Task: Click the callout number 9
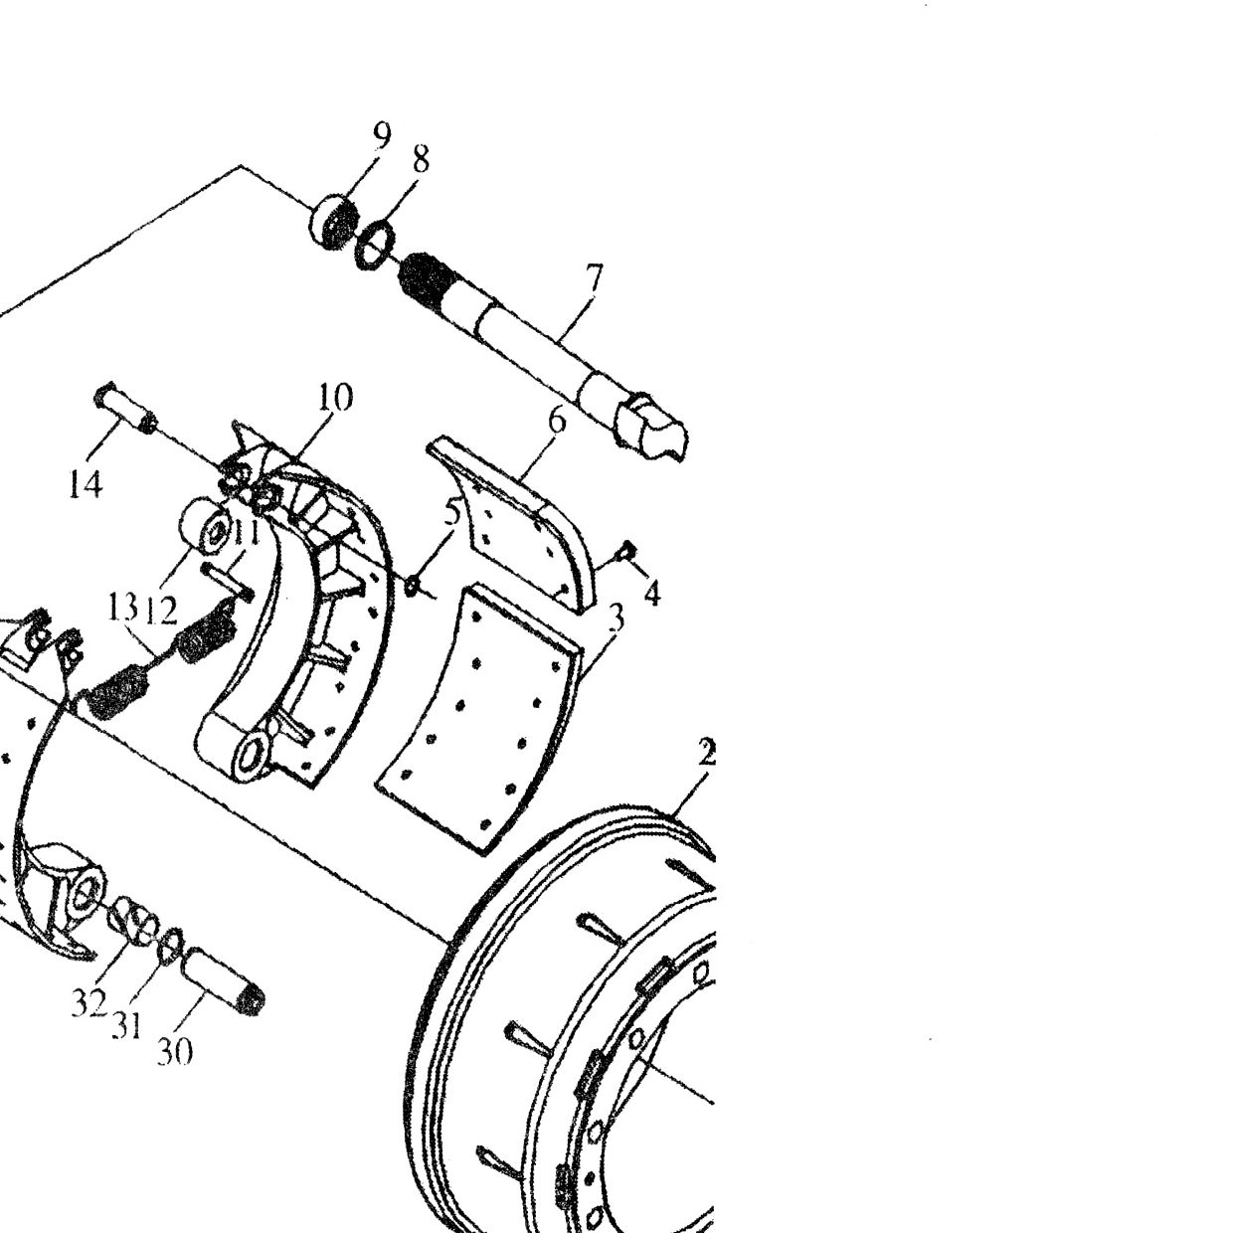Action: tap(382, 135)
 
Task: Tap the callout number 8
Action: tap(421, 160)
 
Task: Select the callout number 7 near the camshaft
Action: tap(594, 279)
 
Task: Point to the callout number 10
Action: tap(335, 397)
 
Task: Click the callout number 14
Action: tap(86, 484)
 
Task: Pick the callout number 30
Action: tap(175, 1051)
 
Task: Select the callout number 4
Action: tap(651, 595)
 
